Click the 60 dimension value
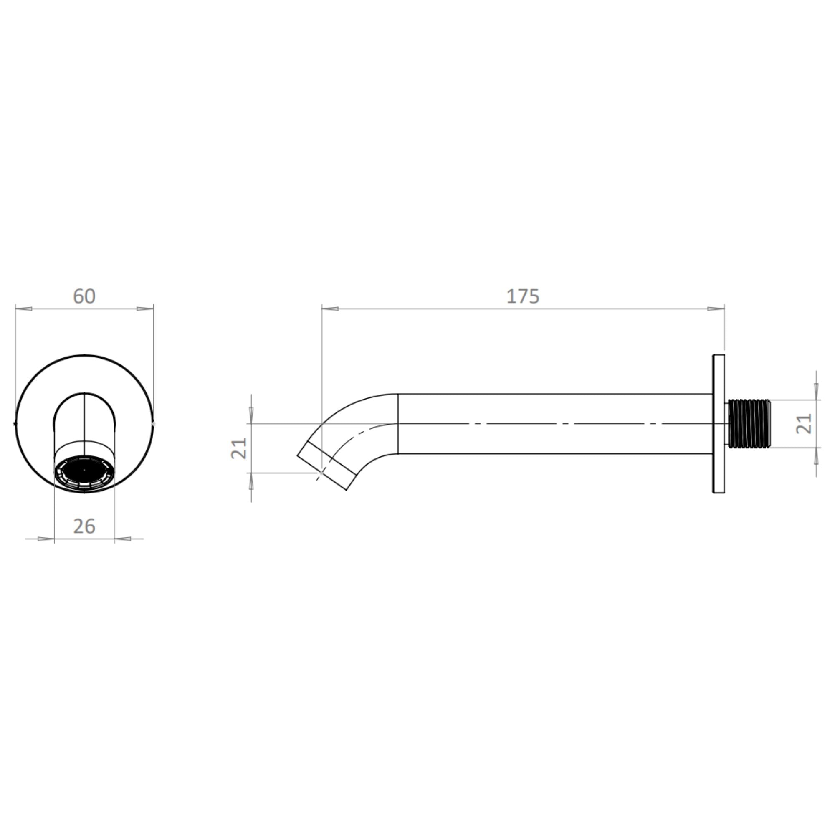click(x=84, y=296)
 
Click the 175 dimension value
click(x=523, y=296)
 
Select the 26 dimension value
click(x=84, y=526)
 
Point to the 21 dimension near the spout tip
click(x=239, y=448)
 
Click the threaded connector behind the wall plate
click(x=749, y=423)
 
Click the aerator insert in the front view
click(x=84, y=472)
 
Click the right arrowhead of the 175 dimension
click(x=716, y=309)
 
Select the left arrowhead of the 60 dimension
click(x=24, y=309)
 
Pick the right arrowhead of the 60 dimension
click(x=145, y=309)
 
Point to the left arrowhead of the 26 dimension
click(x=46, y=539)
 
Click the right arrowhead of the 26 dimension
click(x=123, y=539)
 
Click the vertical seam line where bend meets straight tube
click(x=397, y=423)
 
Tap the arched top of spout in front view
click(x=84, y=394)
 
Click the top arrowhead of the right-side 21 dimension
click(x=815, y=392)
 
